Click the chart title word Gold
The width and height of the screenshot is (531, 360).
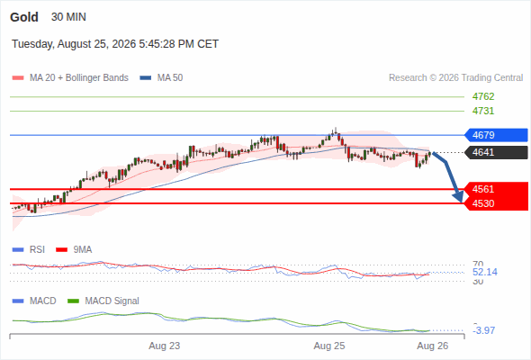24,17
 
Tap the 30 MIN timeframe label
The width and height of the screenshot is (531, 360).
68,17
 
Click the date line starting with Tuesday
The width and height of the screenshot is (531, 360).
115,44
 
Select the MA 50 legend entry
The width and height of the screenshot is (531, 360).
161,78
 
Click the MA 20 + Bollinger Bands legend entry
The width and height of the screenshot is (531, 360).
70,78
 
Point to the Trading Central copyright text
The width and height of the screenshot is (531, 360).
455,78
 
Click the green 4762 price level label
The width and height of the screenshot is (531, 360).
483,96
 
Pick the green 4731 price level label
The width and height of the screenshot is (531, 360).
483,111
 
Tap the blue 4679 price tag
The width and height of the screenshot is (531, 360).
496,135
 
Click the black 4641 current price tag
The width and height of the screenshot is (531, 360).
496,152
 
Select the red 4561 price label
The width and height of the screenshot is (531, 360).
496,189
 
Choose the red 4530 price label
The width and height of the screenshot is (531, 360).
496,203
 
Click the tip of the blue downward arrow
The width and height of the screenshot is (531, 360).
461,202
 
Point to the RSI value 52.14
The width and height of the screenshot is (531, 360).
485,272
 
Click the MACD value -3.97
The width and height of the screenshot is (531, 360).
484,330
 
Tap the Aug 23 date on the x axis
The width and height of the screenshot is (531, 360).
164,346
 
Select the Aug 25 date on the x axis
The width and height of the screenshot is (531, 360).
329,346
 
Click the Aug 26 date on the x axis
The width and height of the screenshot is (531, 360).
433,346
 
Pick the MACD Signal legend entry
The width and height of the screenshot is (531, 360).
103,301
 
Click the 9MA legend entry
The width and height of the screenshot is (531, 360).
74,249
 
